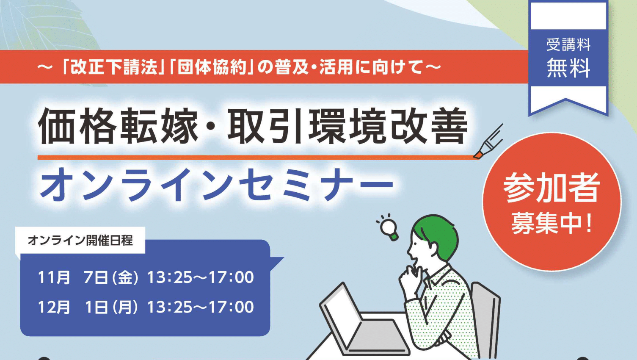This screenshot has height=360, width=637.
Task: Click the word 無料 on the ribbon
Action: pyautogui.click(x=568, y=68)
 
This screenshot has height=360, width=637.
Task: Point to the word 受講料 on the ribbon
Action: pyautogui.click(x=568, y=44)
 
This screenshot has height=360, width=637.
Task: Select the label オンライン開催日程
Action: pyautogui.click(x=80, y=241)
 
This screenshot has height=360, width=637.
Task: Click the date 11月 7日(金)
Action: pyautogui.click(x=88, y=277)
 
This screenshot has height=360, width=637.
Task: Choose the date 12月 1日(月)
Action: pyautogui.click(x=88, y=307)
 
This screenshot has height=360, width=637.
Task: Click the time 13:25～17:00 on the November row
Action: pyautogui.click(x=201, y=277)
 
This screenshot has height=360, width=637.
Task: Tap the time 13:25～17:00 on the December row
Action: pyautogui.click(x=201, y=307)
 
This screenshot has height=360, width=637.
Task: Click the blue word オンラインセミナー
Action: pyautogui.click(x=217, y=185)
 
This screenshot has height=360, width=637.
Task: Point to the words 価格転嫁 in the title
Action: pyautogui.click(x=118, y=126)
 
